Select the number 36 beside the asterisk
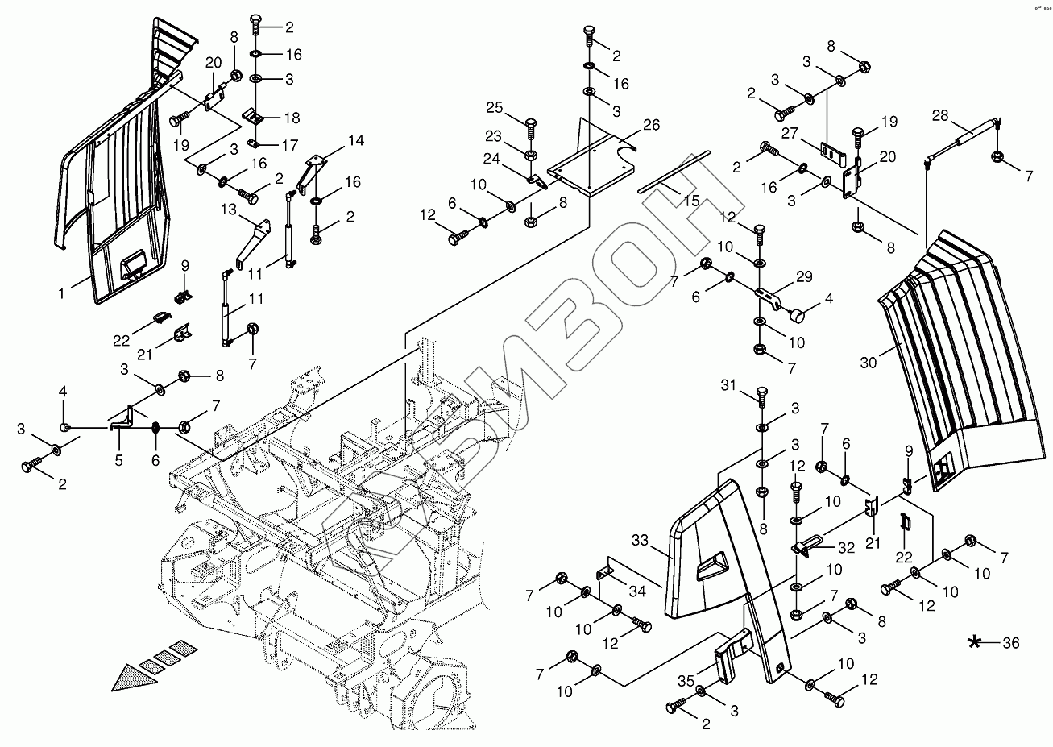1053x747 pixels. tap(1009, 642)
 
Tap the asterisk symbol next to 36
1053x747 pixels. tap(976, 642)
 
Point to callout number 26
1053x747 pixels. tap(651, 125)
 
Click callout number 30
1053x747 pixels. tap(868, 363)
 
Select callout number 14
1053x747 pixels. tap(355, 140)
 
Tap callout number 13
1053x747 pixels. tap(229, 209)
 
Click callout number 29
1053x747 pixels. tap(803, 276)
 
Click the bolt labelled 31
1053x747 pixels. tap(762, 396)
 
